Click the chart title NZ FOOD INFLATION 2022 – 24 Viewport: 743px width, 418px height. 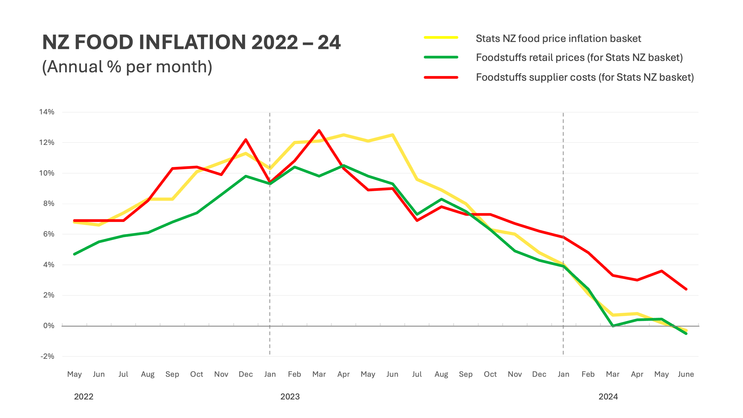tap(191, 42)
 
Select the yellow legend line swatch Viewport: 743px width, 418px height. tap(441, 37)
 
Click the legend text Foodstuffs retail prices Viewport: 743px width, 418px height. tap(579, 57)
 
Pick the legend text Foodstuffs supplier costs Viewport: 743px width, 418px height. tap(585, 77)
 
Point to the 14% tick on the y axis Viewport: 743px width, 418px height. tap(47, 112)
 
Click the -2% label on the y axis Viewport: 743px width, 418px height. tap(47, 356)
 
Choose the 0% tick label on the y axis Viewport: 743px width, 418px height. tap(49, 326)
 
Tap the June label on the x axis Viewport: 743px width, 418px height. tap(686, 374)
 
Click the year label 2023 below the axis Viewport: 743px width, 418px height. tap(290, 397)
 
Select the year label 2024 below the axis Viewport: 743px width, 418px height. tap(608, 397)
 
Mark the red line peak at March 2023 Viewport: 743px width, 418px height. tap(319, 131)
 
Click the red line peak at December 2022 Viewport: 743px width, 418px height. tap(246, 140)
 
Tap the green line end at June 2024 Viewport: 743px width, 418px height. tap(686, 334)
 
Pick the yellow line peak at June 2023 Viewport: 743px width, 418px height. tap(393, 135)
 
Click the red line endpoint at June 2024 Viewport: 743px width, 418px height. tap(686, 289)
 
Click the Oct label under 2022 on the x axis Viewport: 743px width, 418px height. tap(196, 374)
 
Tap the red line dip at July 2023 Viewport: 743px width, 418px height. tap(417, 220)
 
